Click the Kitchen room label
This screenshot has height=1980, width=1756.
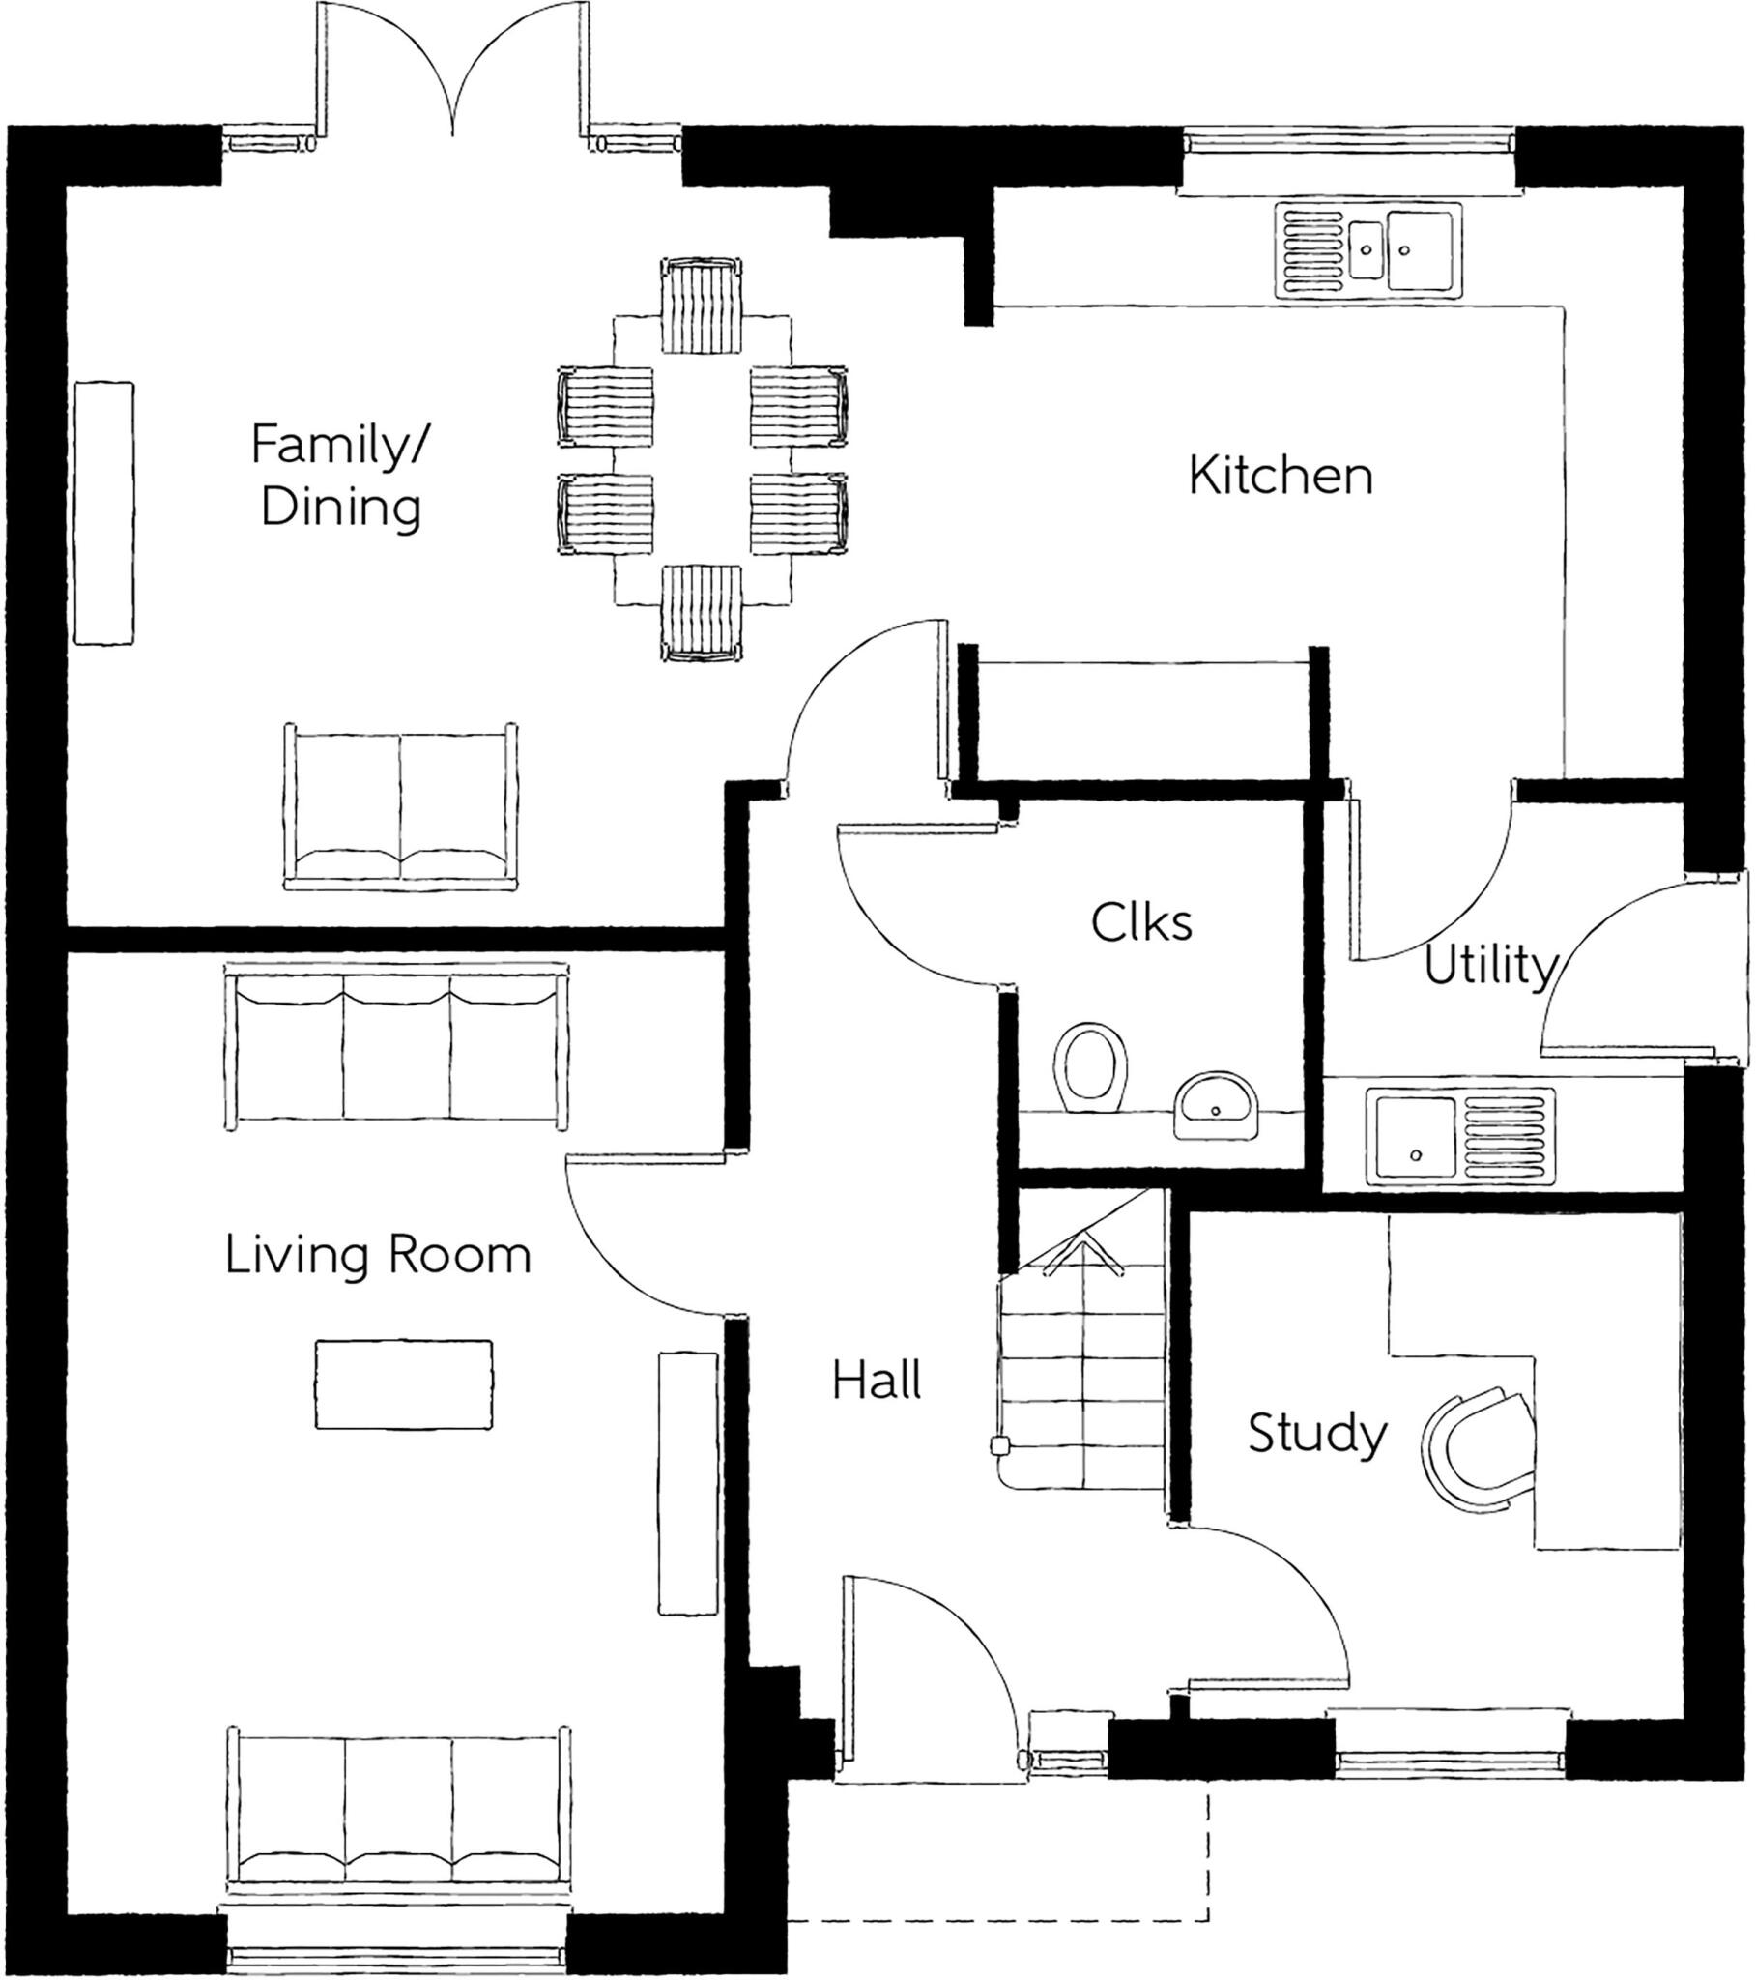(1281, 476)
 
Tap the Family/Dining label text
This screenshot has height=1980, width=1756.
(340, 476)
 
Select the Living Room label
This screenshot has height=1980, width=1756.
(378, 1256)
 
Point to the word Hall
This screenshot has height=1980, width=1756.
(877, 1380)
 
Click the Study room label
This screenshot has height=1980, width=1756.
(1316, 1433)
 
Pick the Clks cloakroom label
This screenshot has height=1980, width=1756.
(1141, 922)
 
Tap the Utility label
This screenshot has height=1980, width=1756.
(1489, 966)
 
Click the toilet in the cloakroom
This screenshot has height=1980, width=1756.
(1090, 1067)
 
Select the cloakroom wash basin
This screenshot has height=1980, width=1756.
(1216, 1103)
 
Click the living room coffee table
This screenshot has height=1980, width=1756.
(404, 1384)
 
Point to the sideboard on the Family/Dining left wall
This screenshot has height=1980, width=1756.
(103, 512)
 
